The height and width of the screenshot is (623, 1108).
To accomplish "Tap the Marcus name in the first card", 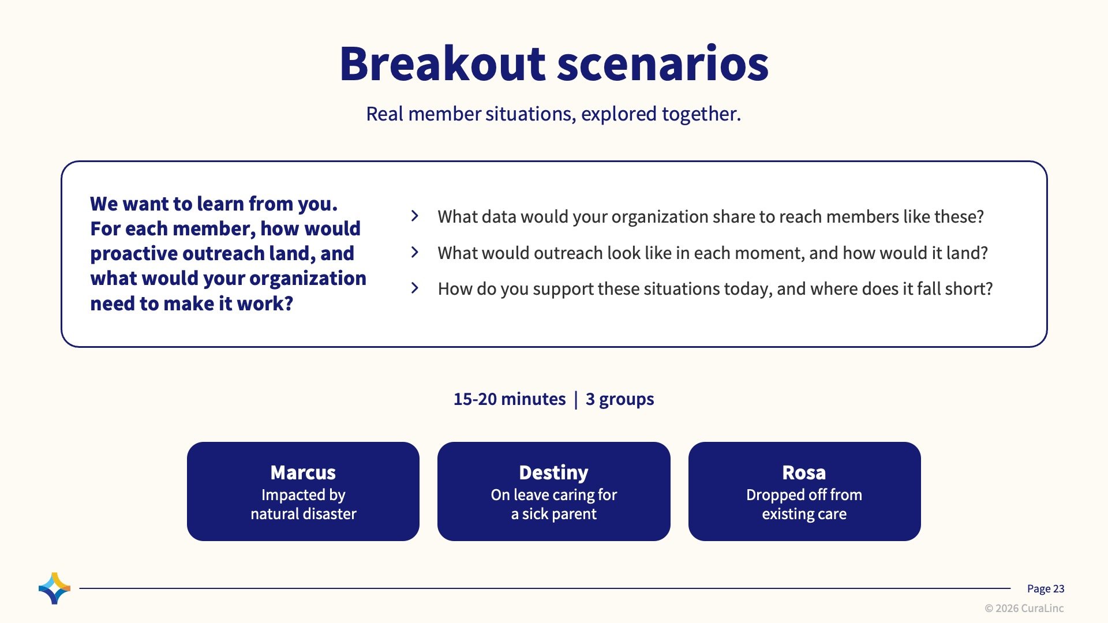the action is coord(303,472).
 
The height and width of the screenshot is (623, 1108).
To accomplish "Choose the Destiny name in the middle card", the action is coord(553,473).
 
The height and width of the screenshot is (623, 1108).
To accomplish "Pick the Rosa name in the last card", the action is coord(804,472).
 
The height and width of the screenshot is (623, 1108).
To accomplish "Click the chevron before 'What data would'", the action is coord(415,216).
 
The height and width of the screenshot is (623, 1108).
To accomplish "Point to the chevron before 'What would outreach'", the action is coord(415,252).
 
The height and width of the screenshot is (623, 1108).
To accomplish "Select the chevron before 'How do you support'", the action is coord(415,288).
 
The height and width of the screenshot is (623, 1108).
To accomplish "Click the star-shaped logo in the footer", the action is coord(55,588).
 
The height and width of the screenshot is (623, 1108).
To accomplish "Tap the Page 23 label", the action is coord(1046,589).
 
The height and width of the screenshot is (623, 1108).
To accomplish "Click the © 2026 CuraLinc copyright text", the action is coord(1024,609).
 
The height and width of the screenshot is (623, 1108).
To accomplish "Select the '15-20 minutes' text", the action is coord(510,399).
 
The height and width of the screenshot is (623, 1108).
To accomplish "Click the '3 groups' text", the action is coord(620,399).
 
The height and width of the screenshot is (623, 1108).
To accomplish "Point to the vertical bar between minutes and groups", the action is coord(576,400).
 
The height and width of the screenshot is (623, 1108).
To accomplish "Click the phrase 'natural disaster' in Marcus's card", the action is coord(304,514).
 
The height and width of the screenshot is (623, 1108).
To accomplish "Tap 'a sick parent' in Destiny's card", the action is coord(554,514).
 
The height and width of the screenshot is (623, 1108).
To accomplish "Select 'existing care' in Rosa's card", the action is coord(804,514).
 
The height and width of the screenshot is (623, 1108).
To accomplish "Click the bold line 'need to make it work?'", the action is coord(192,303).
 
